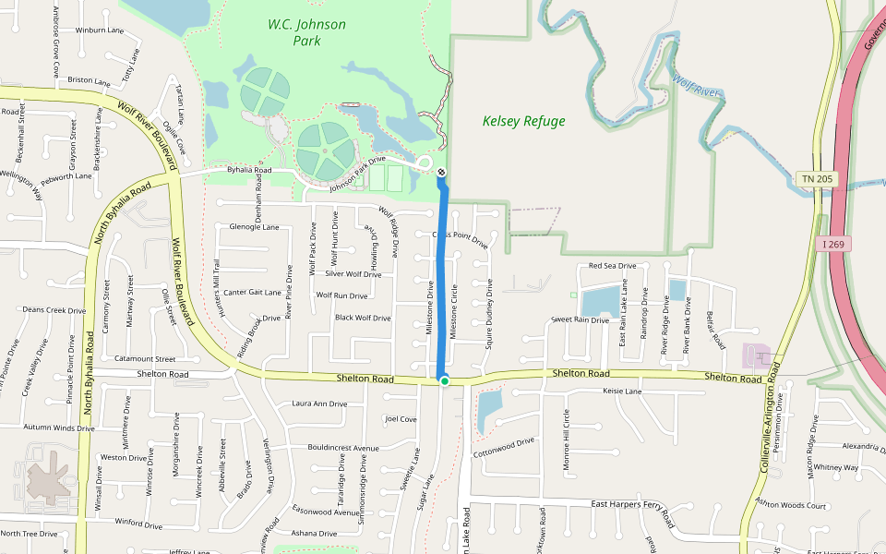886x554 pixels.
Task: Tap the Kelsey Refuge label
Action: point(523,121)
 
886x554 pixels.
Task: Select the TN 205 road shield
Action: point(818,178)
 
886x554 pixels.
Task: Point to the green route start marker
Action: point(444,380)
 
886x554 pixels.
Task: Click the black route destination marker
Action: point(441,173)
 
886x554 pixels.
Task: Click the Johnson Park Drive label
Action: point(369,173)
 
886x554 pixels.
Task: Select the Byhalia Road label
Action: point(249,170)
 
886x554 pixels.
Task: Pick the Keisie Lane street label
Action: point(621,391)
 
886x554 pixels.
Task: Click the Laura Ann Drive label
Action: point(319,403)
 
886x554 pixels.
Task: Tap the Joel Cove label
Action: point(401,419)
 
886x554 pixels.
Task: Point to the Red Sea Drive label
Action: point(612,266)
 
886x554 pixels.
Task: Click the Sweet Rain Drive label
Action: point(580,319)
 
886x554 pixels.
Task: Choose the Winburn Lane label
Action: point(99,30)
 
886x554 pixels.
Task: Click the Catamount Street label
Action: point(144,358)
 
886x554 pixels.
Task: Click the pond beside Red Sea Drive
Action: point(601,301)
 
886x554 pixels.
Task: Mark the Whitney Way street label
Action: point(836,468)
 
